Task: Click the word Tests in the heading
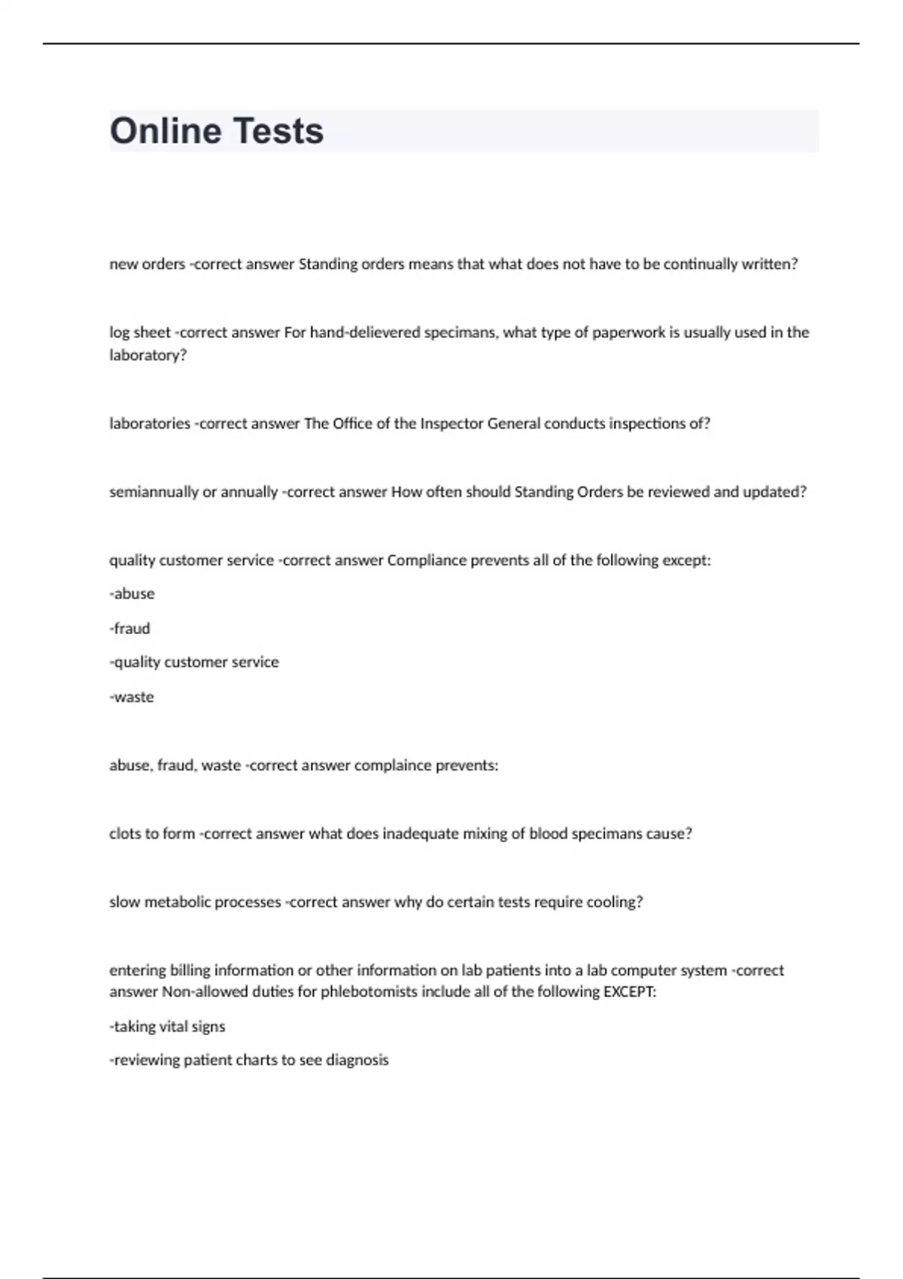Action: [x=278, y=132]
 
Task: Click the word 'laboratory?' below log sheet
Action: [x=147, y=355]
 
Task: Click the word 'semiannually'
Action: [x=154, y=492]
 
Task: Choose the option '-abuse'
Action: [x=132, y=594]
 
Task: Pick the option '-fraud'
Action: [x=130, y=628]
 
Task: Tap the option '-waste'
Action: [x=132, y=697]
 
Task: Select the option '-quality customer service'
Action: [x=194, y=662]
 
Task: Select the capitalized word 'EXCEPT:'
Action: [x=630, y=992]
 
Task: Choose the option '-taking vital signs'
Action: [x=167, y=1026]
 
